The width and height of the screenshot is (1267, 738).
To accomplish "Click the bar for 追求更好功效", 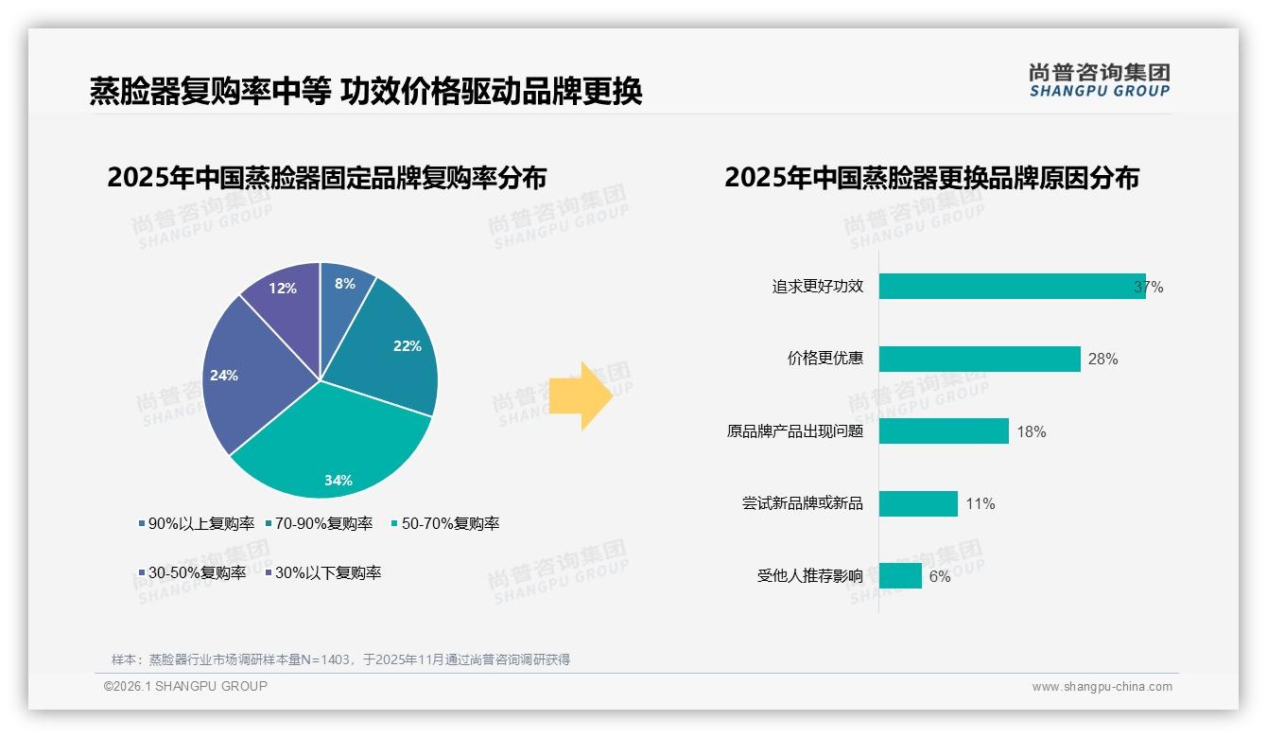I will (1012, 287).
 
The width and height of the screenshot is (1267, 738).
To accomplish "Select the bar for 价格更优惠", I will (980, 359).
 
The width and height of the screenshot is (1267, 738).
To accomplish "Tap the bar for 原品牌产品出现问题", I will (944, 431).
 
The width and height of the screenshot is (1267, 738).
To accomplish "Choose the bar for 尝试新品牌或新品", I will (918, 503).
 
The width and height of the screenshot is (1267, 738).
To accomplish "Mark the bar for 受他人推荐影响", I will (900, 575).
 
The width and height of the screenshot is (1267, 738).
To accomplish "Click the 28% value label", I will (1103, 360).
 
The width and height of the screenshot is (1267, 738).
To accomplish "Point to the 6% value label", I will (940, 576).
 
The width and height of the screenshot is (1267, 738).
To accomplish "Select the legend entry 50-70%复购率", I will (445, 523).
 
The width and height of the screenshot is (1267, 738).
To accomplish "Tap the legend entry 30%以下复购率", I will (322, 572).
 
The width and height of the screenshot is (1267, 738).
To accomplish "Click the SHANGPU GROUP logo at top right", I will (1099, 80).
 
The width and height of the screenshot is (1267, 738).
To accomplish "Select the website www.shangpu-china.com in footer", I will (1102, 687).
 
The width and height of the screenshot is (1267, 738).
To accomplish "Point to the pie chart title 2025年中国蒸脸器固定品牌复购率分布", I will (326, 178).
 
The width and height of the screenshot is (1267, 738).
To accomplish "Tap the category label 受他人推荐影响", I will (810, 575).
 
